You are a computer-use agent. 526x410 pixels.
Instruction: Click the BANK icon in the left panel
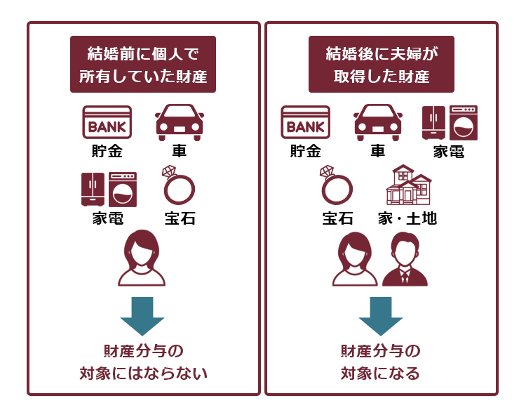(x=107, y=123)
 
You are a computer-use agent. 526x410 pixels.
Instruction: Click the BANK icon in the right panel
(x=305, y=123)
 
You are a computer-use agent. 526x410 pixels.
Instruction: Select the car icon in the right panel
(x=379, y=121)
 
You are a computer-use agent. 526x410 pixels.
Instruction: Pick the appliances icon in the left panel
(x=109, y=189)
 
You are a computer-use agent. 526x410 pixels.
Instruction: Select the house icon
(x=407, y=185)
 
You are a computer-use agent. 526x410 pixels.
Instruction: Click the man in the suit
(x=405, y=259)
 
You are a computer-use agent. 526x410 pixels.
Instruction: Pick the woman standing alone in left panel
(x=142, y=258)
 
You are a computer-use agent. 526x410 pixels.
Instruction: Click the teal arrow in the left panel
(x=142, y=316)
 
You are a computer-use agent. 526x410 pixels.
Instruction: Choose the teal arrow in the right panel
(x=381, y=316)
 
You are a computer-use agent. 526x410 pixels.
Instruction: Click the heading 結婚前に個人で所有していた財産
(x=143, y=65)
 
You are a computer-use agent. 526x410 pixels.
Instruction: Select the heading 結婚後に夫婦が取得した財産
(x=382, y=65)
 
